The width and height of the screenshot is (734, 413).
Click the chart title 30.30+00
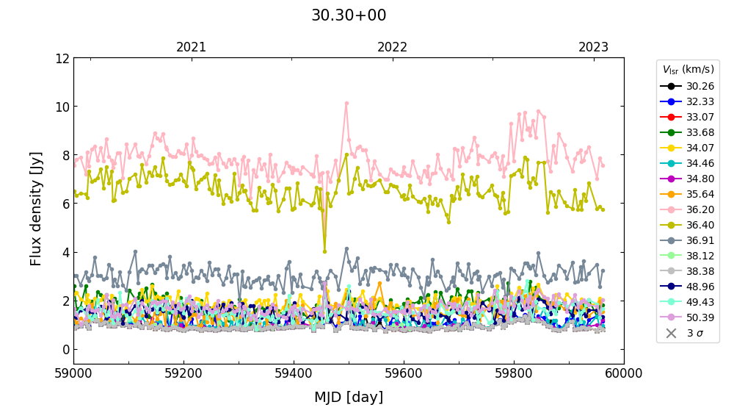[x=348, y=15]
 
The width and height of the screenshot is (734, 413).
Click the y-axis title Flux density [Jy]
[x=37, y=209]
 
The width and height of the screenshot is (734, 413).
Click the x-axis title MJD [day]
[x=348, y=398]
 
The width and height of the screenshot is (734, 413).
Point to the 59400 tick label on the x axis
[x=294, y=373]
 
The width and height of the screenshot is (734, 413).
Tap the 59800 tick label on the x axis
[x=514, y=373]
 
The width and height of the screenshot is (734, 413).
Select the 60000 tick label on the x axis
[x=624, y=373]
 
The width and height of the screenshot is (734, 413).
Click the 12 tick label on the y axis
[x=62, y=59]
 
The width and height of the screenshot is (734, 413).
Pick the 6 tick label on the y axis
[x=65, y=204]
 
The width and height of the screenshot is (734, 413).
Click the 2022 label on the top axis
[x=392, y=48]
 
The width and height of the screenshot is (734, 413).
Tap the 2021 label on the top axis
[x=191, y=48]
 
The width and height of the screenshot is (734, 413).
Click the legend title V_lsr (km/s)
[x=688, y=70]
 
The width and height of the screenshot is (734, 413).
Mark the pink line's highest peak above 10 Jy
[x=346, y=103]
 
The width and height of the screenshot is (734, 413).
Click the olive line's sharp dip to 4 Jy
[x=324, y=251]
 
